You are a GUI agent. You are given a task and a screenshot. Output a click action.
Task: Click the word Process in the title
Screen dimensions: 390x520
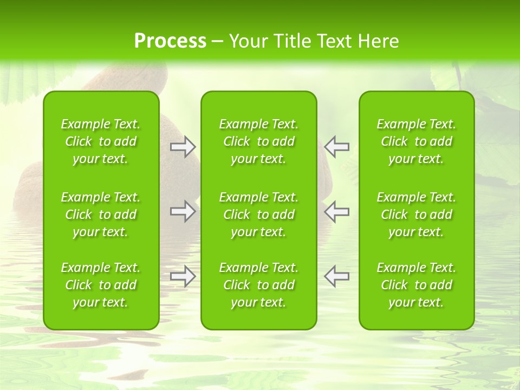pos(170,41)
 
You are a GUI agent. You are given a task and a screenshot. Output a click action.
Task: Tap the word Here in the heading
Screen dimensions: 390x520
pos(378,41)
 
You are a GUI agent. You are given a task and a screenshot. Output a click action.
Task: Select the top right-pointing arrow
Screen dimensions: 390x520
pos(183,147)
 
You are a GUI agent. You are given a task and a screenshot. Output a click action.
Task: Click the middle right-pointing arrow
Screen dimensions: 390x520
pos(183,211)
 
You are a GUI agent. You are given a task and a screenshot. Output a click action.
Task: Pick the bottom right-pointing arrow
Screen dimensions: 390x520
pos(183,276)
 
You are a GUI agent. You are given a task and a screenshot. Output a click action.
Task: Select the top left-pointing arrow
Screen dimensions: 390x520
pos(337,147)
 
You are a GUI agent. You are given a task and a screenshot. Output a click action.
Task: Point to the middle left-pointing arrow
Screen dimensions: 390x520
pos(337,211)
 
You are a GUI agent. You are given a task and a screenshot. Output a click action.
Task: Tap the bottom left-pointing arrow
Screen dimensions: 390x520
pos(337,276)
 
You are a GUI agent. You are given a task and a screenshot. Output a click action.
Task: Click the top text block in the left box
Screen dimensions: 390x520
pos(101,141)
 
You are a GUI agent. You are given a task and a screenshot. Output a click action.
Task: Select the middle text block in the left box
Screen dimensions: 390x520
pos(101,214)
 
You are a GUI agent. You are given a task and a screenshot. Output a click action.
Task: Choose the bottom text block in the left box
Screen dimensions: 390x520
pos(101,285)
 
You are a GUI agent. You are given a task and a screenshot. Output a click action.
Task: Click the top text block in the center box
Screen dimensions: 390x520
pos(259,141)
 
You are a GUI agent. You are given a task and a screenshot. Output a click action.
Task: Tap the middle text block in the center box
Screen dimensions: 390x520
pos(259,214)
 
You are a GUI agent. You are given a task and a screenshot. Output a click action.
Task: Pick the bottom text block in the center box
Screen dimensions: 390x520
pos(259,285)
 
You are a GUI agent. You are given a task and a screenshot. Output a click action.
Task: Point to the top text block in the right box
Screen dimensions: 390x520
pos(417,141)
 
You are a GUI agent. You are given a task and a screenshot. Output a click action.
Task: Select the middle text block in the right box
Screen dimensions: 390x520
pos(417,214)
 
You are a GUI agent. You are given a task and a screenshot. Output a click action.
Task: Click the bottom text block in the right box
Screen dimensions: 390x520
pos(417,285)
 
